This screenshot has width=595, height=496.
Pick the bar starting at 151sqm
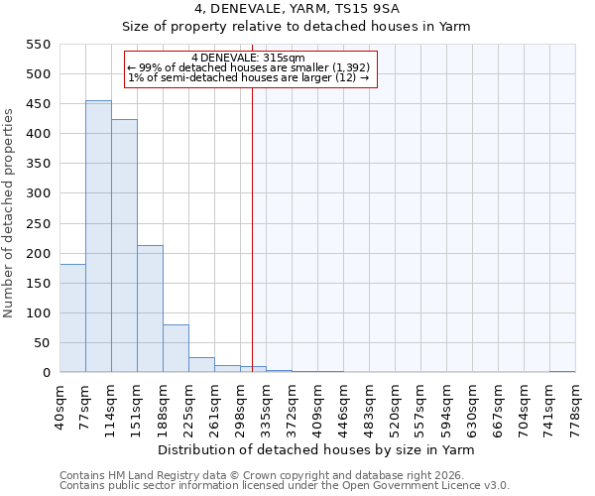click(x=150, y=309)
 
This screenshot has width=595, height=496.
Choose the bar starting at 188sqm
click(x=176, y=348)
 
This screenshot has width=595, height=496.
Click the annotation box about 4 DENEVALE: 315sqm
click(x=251, y=68)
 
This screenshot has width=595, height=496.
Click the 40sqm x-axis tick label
click(x=59, y=406)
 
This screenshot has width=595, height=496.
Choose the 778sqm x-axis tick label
click(x=575, y=406)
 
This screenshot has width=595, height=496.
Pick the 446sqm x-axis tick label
click(x=343, y=406)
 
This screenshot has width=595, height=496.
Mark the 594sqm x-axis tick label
click(x=446, y=406)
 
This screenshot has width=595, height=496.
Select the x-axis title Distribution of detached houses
click(x=317, y=449)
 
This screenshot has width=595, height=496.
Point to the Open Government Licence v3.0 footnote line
click(x=284, y=486)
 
